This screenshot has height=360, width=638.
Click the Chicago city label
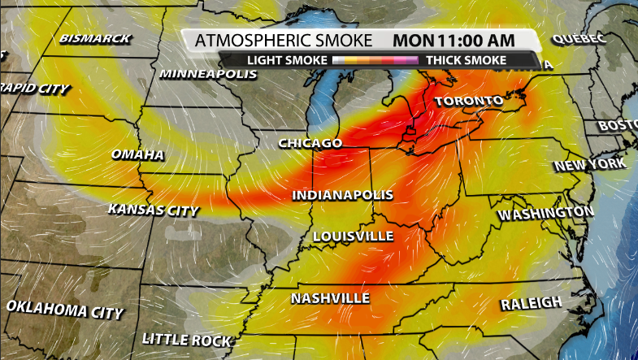click(x=310, y=143)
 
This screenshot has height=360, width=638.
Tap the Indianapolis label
click(x=342, y=196)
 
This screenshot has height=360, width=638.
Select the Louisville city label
click(x=354, y=236)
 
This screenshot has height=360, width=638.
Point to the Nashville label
click(x=330, y=298)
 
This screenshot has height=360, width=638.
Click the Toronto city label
click(x=468, y=102)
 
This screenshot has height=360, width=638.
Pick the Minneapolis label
click(x=208, y=74)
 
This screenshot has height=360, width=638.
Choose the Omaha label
click(x=137, y=154)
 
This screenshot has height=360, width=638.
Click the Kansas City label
click(x=153, y=210)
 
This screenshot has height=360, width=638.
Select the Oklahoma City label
click(x=65, y=309)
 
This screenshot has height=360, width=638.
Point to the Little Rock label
click(x=187, y=339)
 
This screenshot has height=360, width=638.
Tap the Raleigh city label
click(x=531, y=303)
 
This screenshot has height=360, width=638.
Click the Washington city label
click(x=545, y=214)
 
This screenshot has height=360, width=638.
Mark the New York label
click(x=590, y=165)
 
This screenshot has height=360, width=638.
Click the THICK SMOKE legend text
click(x=466, y=60)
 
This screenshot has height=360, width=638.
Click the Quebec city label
click(x=579, y=39)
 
